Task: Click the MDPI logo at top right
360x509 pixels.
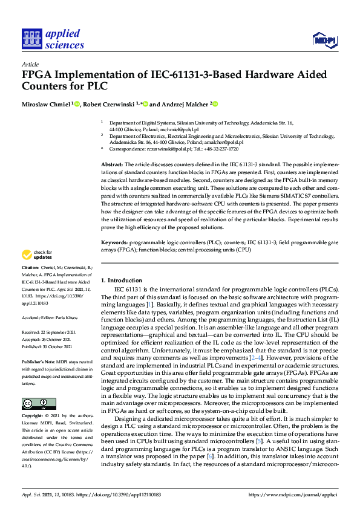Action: [x=324, y=41]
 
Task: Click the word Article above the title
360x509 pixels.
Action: [x=30, y=63]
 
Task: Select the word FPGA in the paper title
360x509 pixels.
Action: [x=39, y=76]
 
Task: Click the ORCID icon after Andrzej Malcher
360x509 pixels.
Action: [x=215, y=104]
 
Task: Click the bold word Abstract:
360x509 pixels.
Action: [x=111, y=164]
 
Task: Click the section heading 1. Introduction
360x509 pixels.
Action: [x=121, y=280]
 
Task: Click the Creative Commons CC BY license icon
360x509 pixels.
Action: [x=39, y=403]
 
